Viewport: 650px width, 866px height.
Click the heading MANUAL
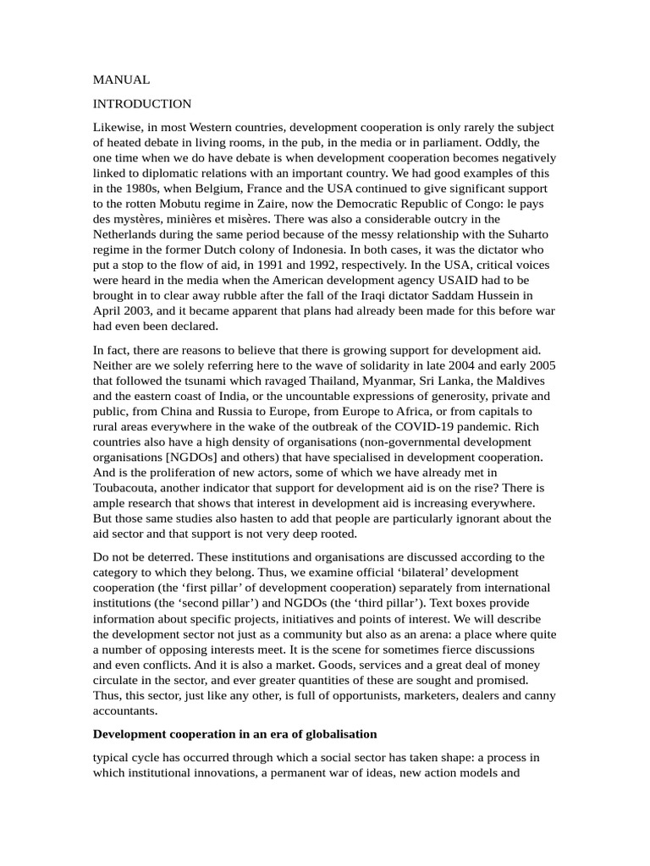click(121, 79)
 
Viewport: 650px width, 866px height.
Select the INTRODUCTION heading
click(142, 104)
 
